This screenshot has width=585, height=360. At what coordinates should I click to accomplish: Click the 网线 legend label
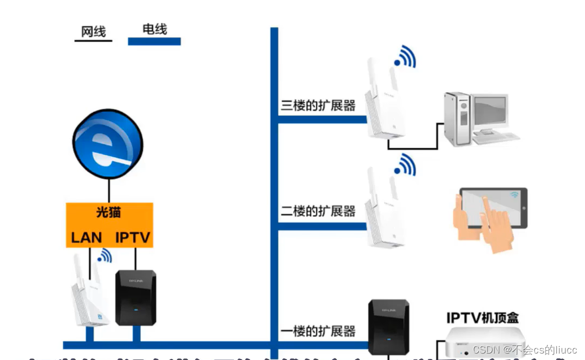(x=93, y=32)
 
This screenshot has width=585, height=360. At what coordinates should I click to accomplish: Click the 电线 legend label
(x=154, y=29)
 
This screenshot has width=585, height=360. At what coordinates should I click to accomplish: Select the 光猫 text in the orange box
(x=108, y=212)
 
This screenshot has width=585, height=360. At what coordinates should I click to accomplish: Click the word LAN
(x=87, y=237)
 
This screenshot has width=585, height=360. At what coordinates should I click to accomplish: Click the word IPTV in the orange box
(x=133, y=237)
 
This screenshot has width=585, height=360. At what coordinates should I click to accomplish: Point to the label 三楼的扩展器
(x=318, y=106)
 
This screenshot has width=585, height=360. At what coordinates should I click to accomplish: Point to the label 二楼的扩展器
(x=318, y=211)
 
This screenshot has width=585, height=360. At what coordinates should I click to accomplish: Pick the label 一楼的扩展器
(x=318, y=331)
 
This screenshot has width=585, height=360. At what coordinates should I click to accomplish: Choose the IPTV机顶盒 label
(x=483, y=317)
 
